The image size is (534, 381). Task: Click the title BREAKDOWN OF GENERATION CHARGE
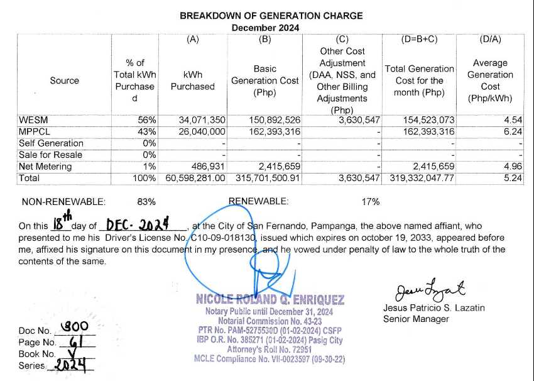[271, 16]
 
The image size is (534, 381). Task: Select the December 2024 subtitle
[265, 28]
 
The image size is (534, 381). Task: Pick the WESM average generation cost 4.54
[513, 119]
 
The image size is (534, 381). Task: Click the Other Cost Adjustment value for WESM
[359, 119]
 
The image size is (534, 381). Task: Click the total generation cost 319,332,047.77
[420, 179]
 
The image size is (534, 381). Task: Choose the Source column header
[64, 80]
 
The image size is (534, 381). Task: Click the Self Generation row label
[51, 143]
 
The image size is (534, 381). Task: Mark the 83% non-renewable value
[146, 202]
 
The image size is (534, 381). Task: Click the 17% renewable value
[371, 202]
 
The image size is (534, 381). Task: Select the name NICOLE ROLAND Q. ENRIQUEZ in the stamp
[270, 300]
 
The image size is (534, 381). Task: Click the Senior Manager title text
[416, 319]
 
